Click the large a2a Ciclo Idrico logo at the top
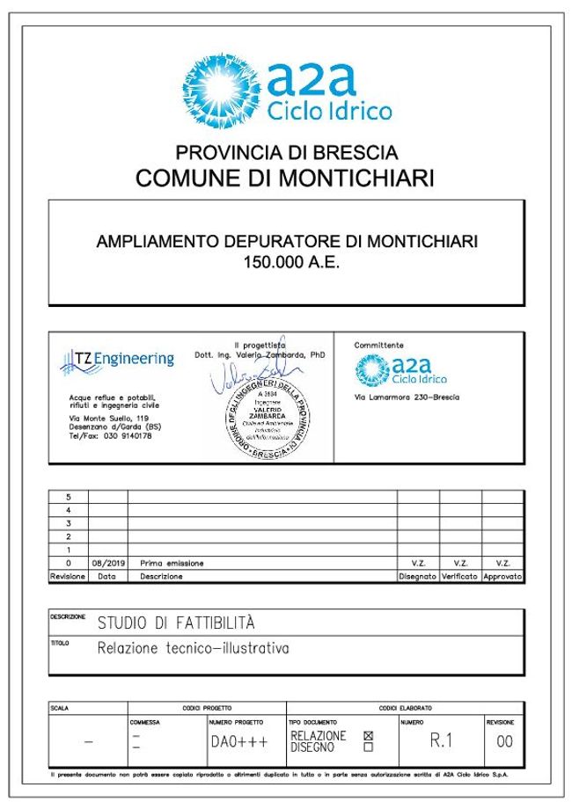tap(286, 88)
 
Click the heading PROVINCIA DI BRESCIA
tap(286, 152)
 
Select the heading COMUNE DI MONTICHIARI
tap(286, 179)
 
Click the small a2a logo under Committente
tap(400, 370)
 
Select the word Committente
tap(379, 346)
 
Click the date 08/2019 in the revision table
tap(106, 563)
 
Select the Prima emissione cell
tap(172, 563)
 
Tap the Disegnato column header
tap(417, 577)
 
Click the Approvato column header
tap(502, 577)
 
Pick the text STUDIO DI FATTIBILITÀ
tap(176, 623)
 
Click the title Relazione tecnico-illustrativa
tap(193, 650)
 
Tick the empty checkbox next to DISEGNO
tap(369, 747)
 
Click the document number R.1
tap(440, 740)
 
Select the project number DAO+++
tap(238, 741)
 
